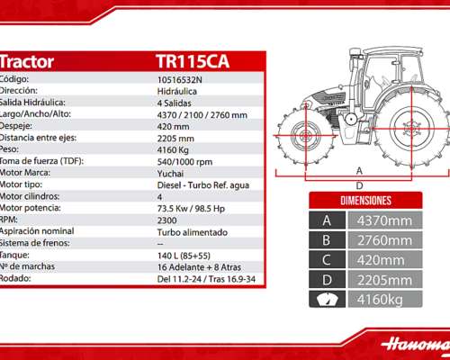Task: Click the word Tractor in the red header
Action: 27,62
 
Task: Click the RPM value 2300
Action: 168,219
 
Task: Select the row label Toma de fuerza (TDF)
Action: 40,161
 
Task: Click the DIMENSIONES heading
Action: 364,200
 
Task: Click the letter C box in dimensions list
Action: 326,260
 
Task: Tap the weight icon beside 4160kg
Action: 326,300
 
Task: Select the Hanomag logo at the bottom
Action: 414,344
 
